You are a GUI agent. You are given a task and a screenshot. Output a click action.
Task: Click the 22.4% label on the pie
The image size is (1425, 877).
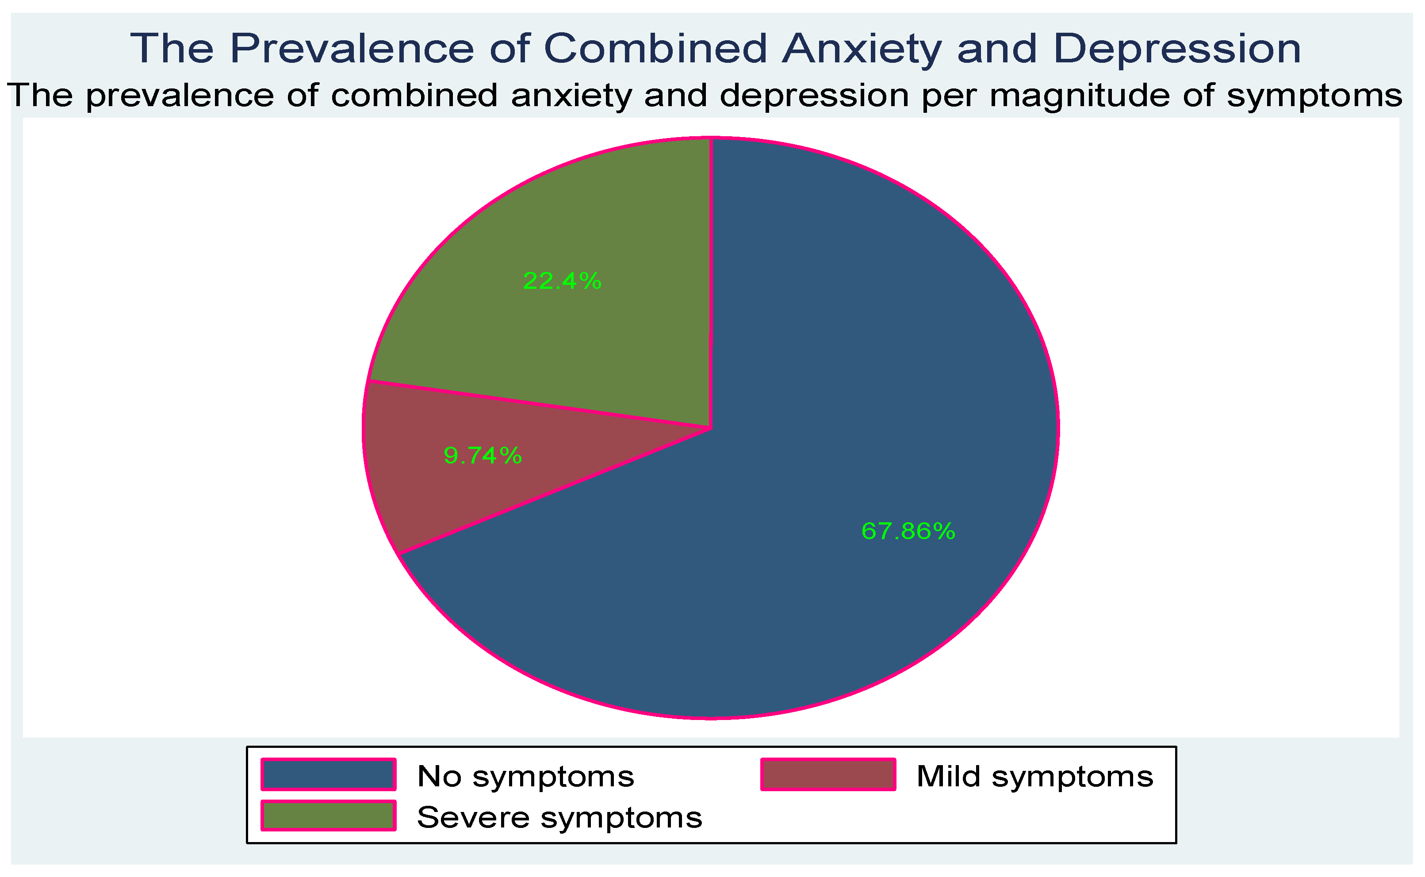click(561, 281)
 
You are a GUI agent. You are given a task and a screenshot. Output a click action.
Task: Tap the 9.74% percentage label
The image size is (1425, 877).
click(483, 456)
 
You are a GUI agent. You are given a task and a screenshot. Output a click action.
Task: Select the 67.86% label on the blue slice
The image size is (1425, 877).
click(908, 531)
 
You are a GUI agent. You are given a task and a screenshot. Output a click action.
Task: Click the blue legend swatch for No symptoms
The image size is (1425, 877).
click(328, 774)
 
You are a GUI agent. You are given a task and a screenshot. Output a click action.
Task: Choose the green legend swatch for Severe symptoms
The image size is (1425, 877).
click(328, 816)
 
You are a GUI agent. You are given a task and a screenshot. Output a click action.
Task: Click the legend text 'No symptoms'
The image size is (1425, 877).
click(525, 776)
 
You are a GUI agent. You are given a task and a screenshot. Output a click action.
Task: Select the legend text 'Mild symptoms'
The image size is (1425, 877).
click(1034, 776)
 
